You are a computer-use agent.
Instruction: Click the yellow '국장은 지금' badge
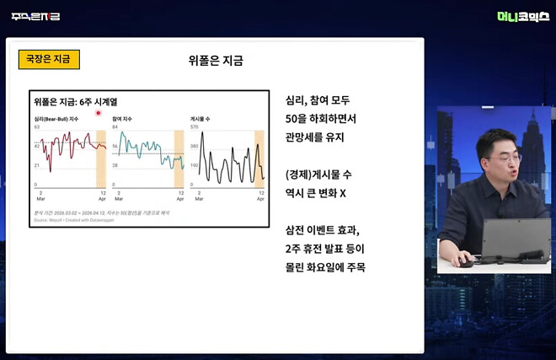[49, 60]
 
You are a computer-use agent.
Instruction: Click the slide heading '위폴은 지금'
[216, 61]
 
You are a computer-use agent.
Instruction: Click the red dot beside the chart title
[99, 112]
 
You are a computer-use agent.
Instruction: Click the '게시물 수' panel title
[201, 119]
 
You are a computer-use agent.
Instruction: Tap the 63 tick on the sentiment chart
[37, 126]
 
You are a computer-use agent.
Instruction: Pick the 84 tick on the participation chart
[115, 126]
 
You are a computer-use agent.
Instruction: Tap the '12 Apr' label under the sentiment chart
[103, 196]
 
